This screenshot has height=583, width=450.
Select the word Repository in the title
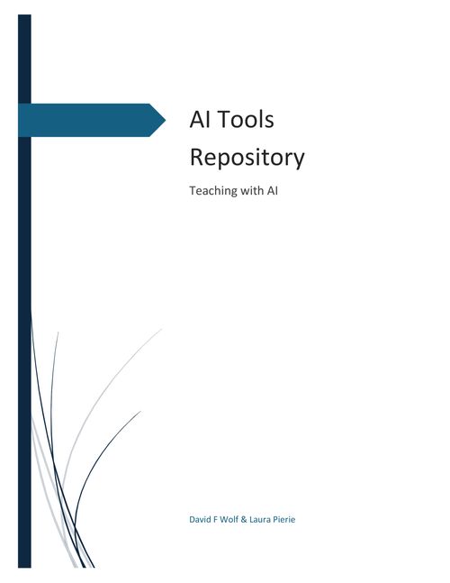coord(247,158)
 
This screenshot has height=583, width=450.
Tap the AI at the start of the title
coord(201,119)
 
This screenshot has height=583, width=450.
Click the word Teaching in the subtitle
coord(213,191)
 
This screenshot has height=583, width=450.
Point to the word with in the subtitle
coord(252,190)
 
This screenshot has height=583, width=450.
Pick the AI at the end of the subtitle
coord(272,190)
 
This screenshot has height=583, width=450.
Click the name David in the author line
coord(200,519)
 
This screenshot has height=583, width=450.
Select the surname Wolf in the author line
coord(229,519)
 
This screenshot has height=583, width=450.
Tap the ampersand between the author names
coord(244,519)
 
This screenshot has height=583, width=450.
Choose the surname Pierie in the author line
coord(284,519)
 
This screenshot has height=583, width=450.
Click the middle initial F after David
coord(215,519)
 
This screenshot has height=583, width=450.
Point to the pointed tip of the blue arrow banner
coord(166,120)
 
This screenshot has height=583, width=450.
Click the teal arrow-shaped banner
coord(92,120)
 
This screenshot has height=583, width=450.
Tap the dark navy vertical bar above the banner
coord(24,59)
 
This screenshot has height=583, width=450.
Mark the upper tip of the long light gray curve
coord(162,329)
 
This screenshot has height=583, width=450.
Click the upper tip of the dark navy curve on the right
coord(141,411)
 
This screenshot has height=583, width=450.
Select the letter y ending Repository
coord(300,160)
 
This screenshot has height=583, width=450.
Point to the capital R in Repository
coord(197,157)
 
